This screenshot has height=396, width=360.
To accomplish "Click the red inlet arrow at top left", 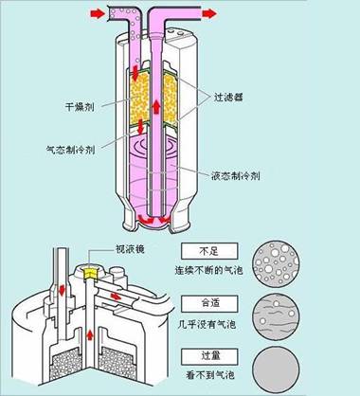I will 98,13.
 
